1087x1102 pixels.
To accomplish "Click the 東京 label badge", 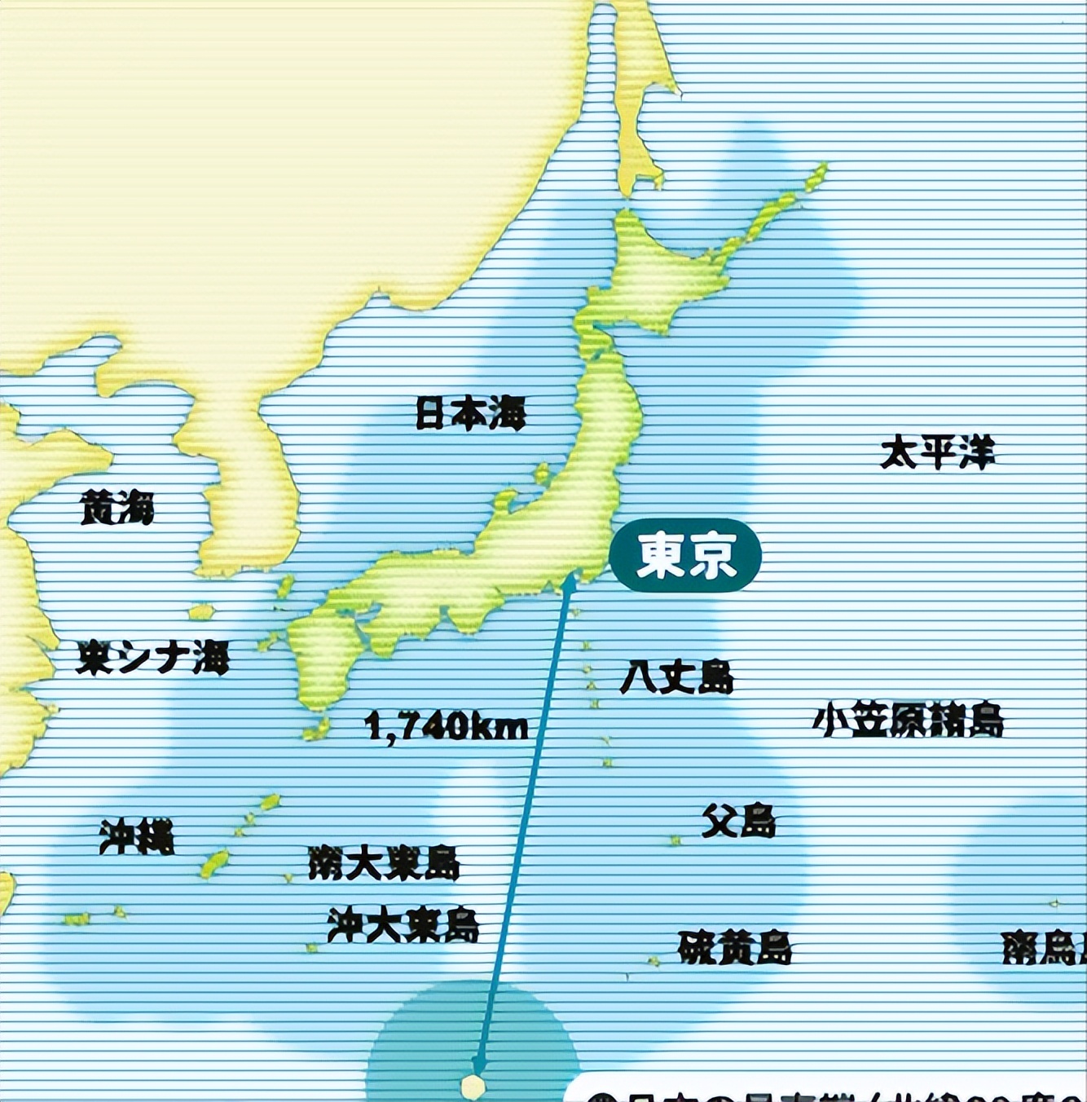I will click(685, 555).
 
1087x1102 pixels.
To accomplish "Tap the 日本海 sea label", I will click(471, 413).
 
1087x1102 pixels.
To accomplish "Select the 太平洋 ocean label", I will click(938, 452).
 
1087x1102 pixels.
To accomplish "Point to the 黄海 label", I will click(117, 508).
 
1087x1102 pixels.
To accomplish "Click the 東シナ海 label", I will click(152, 657).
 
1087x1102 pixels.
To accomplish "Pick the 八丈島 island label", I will click(676, 677).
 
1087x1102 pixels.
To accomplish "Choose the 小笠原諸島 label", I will click(909, 720).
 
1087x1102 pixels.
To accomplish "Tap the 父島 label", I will click(738, 821).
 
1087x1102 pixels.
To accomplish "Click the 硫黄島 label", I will click(734, 947).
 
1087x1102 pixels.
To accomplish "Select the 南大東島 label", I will click(384, 863).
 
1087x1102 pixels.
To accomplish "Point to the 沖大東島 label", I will click(403, 924).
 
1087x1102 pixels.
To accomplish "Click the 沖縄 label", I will click(137, 836).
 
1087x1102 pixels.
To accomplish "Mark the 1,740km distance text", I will click(447, 725).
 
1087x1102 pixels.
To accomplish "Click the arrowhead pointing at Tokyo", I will click(569, 581).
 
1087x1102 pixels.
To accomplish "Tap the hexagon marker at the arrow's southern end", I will click(473, 1086).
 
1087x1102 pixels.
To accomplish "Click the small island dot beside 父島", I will click(675, 840).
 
